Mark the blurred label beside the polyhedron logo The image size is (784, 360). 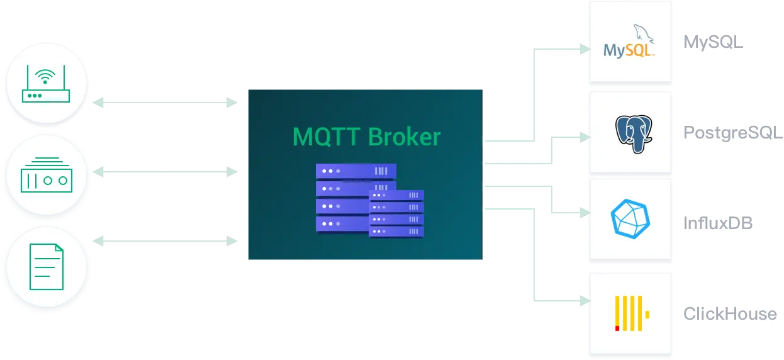[719, 223]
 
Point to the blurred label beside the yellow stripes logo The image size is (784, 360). [730, 313]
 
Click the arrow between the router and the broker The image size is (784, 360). [167, 102]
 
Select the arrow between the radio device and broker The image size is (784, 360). [167, 171]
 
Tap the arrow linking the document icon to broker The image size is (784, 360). [167, 240]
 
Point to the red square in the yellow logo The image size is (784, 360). [617, 328]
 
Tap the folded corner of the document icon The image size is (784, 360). [59, 249]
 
